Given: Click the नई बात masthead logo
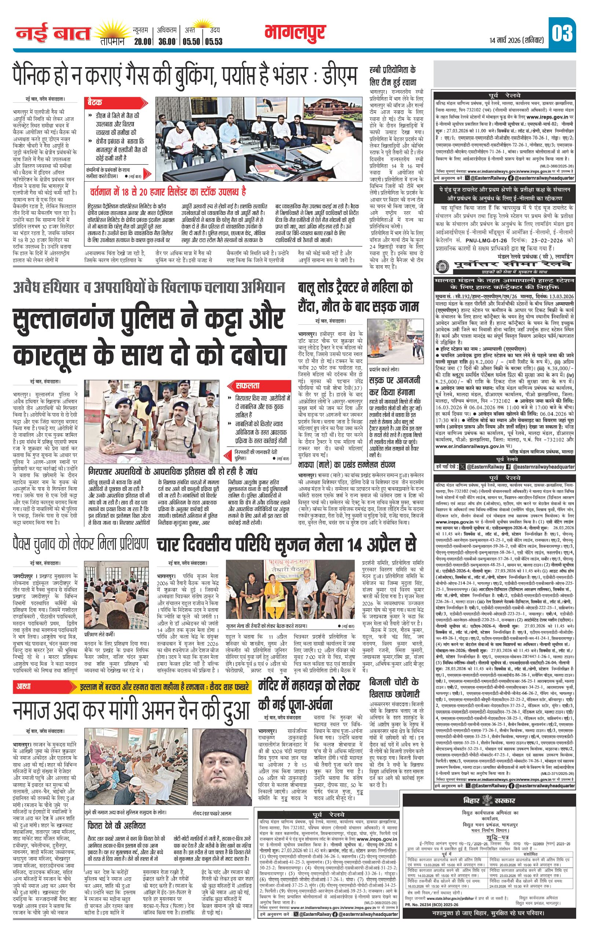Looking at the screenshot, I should point(53,34).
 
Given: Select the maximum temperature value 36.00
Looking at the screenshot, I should point(167,41).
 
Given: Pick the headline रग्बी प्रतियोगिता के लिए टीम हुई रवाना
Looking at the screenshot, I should point(392,76).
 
